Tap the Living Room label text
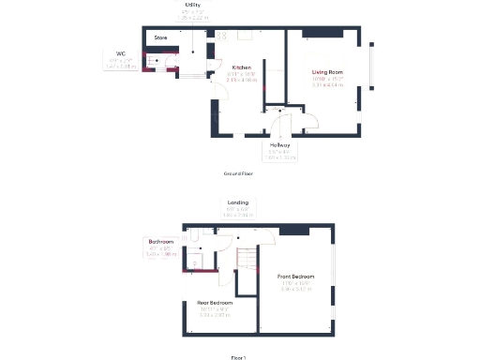(327, 71)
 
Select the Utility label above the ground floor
(194, 4)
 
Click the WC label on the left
(120, 53)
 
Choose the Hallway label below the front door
(279, 145)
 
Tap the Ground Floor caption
(238, 173)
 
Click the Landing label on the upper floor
(237, 202)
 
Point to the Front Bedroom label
(295, 277)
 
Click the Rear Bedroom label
(215, 303)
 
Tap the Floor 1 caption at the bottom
(238, 356)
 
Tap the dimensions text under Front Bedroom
(295, 285)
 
